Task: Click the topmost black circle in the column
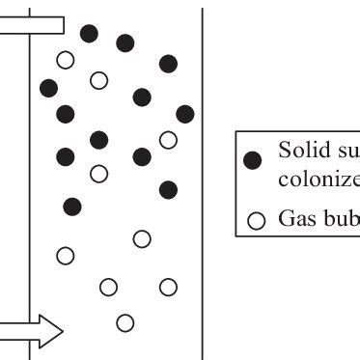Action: pos(90,33)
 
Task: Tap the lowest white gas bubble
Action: pos(124,321)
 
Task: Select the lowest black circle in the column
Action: pos(71,205)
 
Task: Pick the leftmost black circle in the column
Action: pos(49,88)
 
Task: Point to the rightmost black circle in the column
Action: pos(184,114)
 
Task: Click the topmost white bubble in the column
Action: pos(66,60)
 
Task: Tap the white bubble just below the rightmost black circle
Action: pos(168,140)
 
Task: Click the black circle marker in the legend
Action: pos(254,162)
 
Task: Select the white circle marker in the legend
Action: pos(256,218)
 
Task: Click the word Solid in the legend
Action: pos(298,151)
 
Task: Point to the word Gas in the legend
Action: pos(294,217)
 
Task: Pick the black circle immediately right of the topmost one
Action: pos(125,42)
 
